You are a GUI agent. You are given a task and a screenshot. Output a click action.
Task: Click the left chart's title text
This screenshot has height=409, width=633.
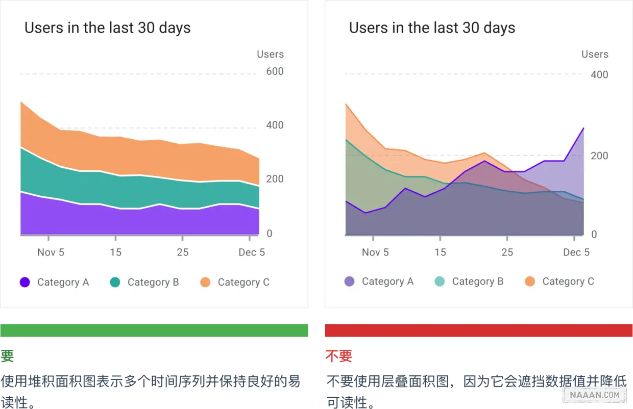tap(107, 28)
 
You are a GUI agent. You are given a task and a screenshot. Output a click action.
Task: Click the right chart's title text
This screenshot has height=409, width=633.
tap(432, 28)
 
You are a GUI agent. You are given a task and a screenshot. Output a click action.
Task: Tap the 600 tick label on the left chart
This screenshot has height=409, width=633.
tap(275, 71)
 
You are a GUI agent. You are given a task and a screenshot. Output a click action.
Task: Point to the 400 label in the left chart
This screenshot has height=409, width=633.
tap(275, 125)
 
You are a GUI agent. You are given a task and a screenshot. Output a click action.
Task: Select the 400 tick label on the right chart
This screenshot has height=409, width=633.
tap(599, 74)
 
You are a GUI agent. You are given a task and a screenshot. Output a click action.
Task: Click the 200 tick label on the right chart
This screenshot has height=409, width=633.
tap(599, 156)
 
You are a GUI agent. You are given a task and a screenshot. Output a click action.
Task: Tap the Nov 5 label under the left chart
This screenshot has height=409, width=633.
tap(51, 252)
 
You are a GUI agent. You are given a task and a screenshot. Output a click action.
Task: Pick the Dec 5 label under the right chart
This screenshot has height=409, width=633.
tap(576, 252)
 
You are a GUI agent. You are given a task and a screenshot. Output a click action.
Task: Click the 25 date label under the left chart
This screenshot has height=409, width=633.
tap(182, 252)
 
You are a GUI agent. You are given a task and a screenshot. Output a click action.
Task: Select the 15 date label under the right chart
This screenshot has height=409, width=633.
tap(440, 252)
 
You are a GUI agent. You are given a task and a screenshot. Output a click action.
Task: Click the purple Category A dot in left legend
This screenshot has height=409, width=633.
tap(25, 282)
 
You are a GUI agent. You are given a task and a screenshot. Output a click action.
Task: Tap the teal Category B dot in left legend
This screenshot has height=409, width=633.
tap(115, 282)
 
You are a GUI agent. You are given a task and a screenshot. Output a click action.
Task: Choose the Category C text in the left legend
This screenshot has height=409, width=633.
tap(244, 282)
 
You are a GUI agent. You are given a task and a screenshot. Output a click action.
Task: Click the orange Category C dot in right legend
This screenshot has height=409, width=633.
tap(530, 281)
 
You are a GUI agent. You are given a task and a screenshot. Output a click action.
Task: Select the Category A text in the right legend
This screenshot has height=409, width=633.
tap(387, 281)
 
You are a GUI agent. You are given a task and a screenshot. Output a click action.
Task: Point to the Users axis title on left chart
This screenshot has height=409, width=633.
tap(270, 54)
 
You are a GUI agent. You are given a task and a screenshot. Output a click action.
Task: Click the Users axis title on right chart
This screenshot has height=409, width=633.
tap(595, 54)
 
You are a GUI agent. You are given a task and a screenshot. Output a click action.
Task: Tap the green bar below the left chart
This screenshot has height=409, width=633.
tap(155, 330)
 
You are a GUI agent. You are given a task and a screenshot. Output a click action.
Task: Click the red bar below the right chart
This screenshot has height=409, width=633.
tap(478, 330)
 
